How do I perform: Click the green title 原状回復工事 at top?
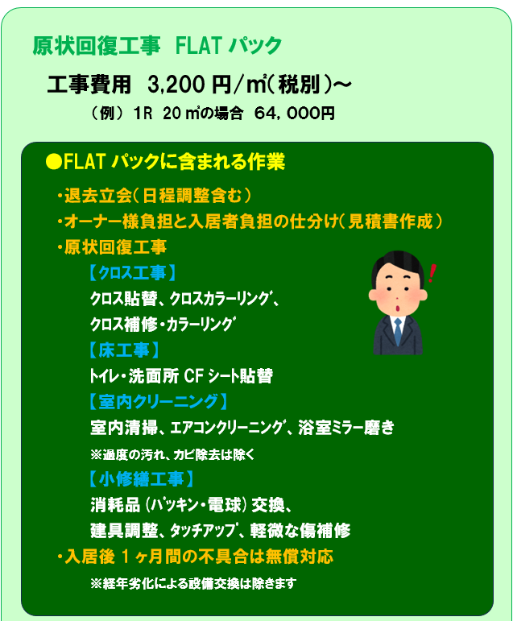[x=97, y=46]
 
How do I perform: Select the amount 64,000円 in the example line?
[x=294, y=114]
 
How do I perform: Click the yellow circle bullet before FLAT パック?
[x=53, y=162]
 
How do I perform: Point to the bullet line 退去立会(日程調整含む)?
[x=154, y=195]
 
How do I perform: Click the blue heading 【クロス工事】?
[x=132, y=273]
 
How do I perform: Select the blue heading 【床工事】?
[x=124, y=350]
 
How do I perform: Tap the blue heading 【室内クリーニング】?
[x=158, y=402]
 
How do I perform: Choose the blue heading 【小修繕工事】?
[x=141, y=478]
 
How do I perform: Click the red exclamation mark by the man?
[x=432, y=273]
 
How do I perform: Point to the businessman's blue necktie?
[x=398, y=332]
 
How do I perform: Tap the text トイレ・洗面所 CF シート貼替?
[x=181, y=376]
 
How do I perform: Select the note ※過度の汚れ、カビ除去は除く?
[x=172, y=454]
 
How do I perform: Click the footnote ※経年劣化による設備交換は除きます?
[x=193, y=583]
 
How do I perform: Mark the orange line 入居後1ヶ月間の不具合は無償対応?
[x=195, y=557]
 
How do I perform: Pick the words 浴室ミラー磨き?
[x=346, y=428]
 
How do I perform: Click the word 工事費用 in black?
[x=89, y=85]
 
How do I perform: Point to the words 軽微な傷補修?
[x=300, y=530]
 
